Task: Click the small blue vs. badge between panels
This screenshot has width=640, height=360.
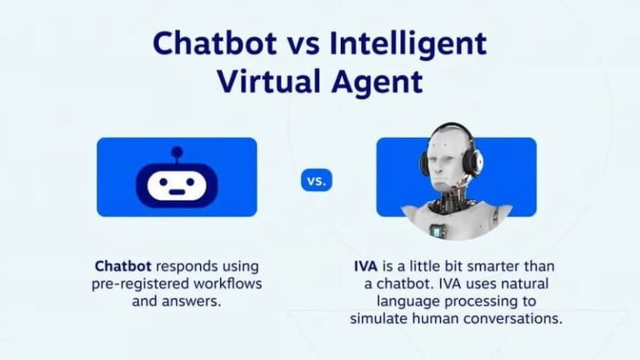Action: pyautogui.click(x=316, y=180)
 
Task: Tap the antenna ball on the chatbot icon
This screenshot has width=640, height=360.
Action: pyautogui.click(x=177, y=152)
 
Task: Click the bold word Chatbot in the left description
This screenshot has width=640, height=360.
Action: pyautogui.click(x=122, y=267)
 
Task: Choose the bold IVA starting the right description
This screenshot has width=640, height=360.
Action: pyautogui.click(x=367, y=267)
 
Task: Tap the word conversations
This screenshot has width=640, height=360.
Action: pyautogui.click(x=522, y=319)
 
